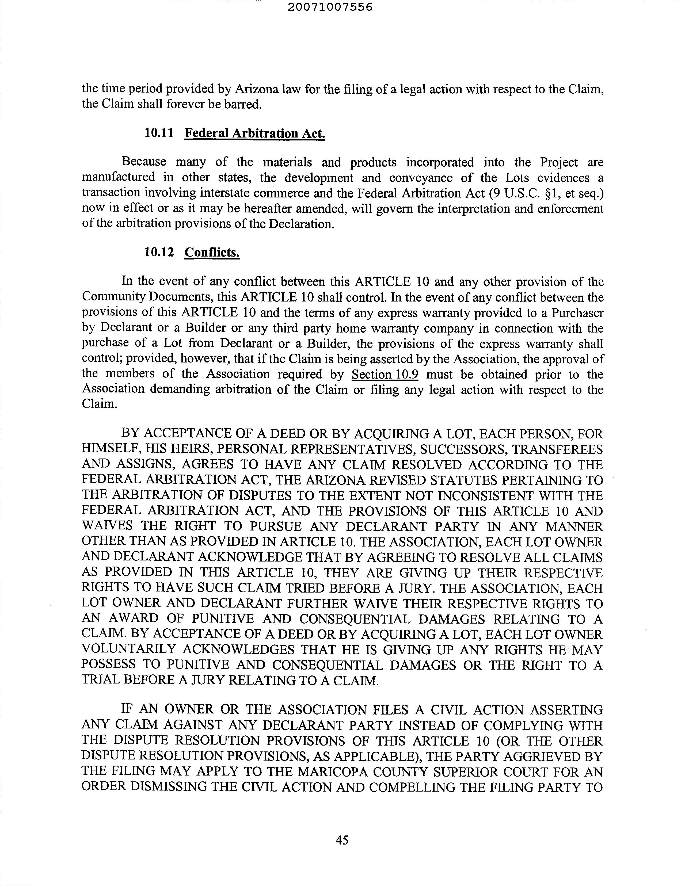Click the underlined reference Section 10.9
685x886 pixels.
(x=385, y=374)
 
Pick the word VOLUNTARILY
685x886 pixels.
(x=129, y=650)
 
